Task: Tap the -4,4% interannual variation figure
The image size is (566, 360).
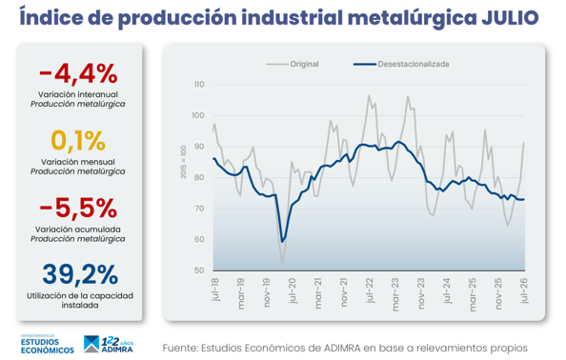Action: click(x=78, y=74)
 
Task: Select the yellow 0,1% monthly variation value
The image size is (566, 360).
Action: click(x=78, y=141)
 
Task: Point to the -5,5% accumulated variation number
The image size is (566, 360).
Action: click(x=78, y=209)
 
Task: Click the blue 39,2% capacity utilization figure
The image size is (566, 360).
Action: click(x=80, y=275)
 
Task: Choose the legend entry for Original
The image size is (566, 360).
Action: click(x=293, y=64)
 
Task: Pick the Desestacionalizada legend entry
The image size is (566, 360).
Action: click(x=401, y=64)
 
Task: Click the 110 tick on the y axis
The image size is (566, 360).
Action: click(x=199, y=85)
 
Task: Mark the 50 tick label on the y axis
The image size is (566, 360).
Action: click(x=199, y=270)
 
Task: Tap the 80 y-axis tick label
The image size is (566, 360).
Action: click(x=199, y=177)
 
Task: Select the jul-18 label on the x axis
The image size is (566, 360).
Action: click(x=214, y=290)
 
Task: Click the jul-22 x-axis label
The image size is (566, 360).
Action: click(x=370, y=290)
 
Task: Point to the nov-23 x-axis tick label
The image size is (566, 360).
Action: click(x=421, y=293)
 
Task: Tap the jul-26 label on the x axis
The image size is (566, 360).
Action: click(x=524, y=290)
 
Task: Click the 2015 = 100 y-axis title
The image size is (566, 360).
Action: click(x=183, y=162)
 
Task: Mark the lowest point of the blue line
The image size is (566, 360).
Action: click(x=282, y=242)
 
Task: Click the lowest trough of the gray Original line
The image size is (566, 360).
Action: click(x=282, y=263)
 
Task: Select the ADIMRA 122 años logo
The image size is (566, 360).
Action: click(x=109, y=344)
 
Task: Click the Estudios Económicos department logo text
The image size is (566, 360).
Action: click(x=48, y=345)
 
